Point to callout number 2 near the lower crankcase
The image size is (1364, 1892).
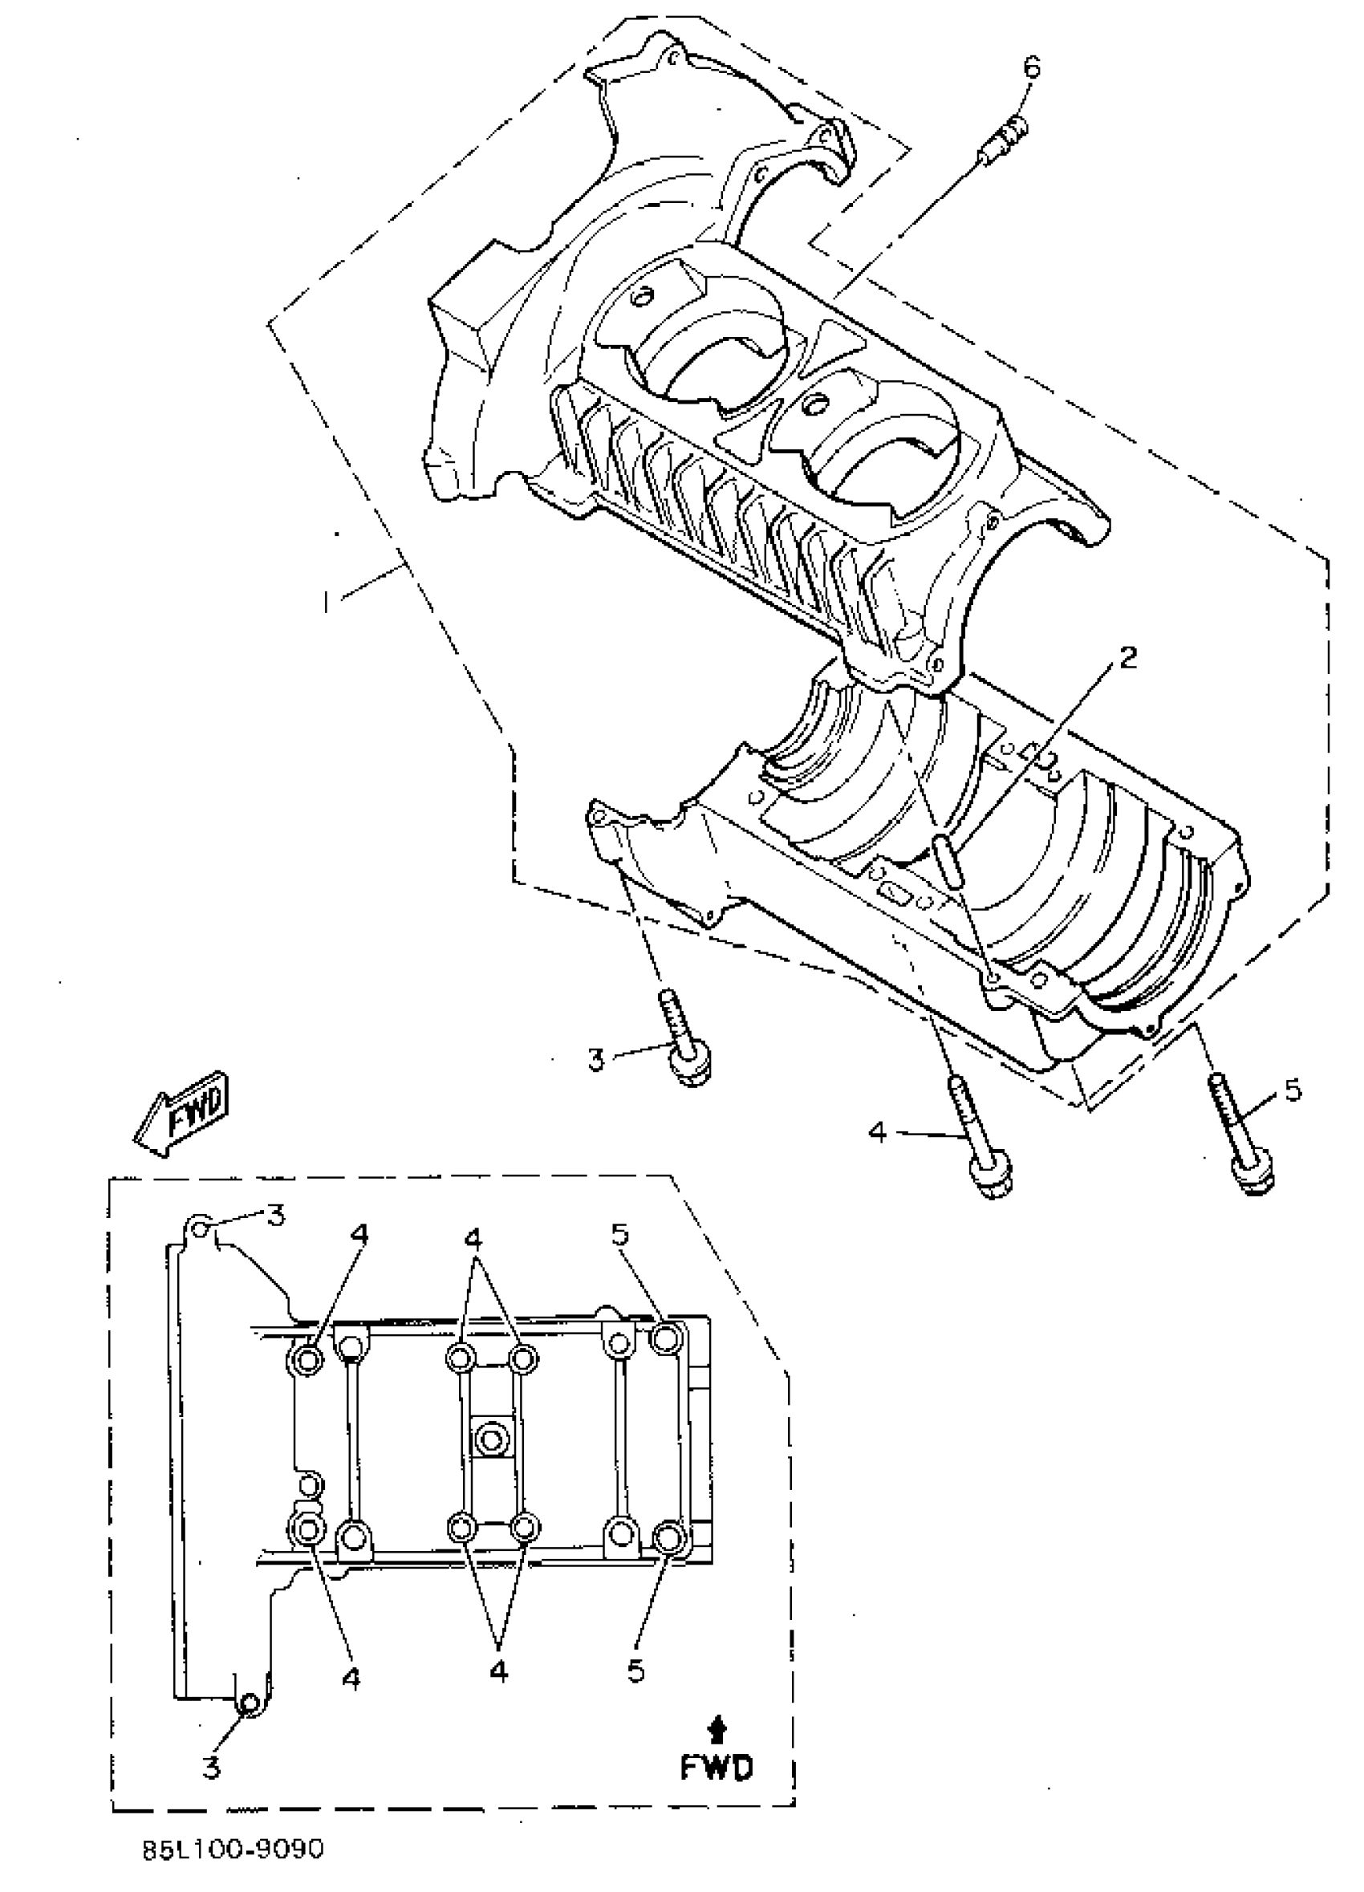point(1127,658)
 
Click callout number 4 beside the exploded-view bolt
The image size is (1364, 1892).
point(876,1132)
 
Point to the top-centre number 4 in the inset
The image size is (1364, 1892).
point(473,1237)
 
